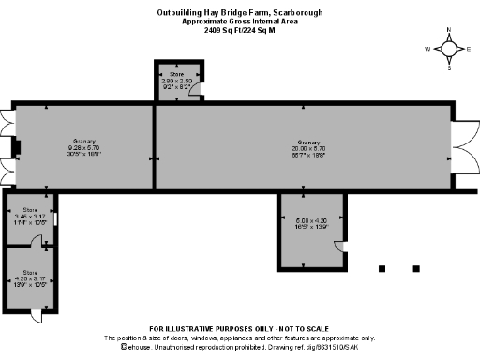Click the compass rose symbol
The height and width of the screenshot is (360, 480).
coord(449,48)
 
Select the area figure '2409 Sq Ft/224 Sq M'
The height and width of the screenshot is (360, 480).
coord(239,29)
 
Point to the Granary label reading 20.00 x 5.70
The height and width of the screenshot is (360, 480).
coord(308,145)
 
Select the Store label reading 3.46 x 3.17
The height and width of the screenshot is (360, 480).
coord(30,216)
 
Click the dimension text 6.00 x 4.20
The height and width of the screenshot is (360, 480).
coord(308,223)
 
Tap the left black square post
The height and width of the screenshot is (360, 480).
coord(382,269)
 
